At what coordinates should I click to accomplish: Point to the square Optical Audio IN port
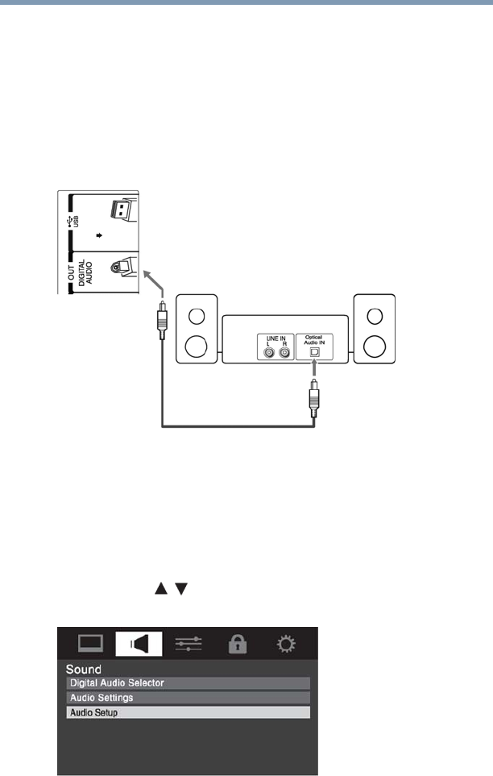coord(314,351)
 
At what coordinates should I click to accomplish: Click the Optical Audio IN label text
coord(314,338)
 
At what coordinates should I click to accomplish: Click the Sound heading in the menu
coord(84,670)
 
